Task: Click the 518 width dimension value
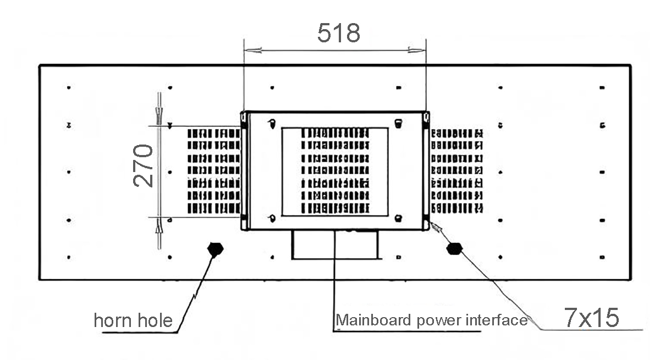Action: pyautogui.click(x=339, y=34)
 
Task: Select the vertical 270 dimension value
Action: pyautogui.click(x=143, y=165)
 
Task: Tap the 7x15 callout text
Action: pyautogui.click(x=591, y=317)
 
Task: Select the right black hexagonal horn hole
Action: pyautogui.click(x=454, y=248)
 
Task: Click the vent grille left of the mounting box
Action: pyautogui.click(x=214, y=171)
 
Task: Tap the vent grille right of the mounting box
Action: pyautogui.click(x=457, y=171)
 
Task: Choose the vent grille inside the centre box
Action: pyautogui.click(x=335, y=171)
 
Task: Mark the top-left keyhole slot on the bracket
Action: pyautogui.click(x=271, y=123)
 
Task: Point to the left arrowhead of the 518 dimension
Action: pyautogui.click(x=251, y=51)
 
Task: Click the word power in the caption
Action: pyautogui.click(x=437, y=320)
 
